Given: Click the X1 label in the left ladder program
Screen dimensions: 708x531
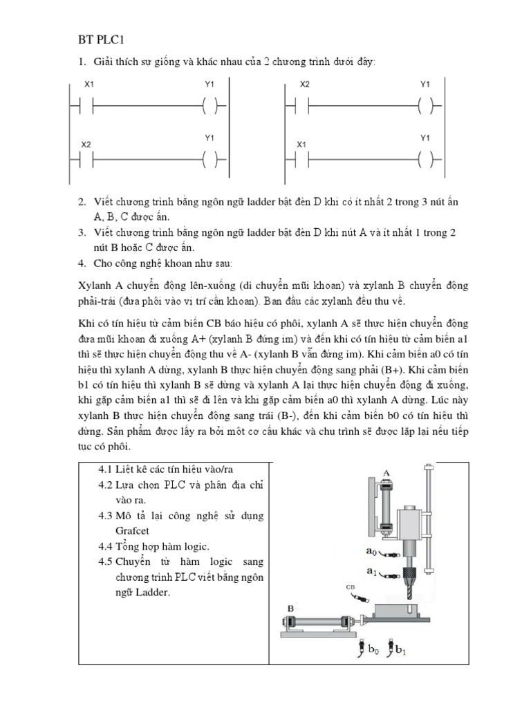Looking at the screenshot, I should (x=88, y=85).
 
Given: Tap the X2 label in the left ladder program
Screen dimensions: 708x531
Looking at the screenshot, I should (x=86, y=145).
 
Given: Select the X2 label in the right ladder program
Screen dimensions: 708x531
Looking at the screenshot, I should (x=304, y=85).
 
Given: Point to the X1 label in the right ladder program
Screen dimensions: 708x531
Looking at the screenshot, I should (x=301, y=145).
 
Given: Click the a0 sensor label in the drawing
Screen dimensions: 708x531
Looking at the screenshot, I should (x=371, y=552).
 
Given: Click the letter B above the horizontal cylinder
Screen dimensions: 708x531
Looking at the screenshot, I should (x=290, y=608).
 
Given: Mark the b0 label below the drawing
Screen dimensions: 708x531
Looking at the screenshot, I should (x=373, y=650).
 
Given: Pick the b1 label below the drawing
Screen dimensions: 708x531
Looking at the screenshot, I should (x=399, y=650).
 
